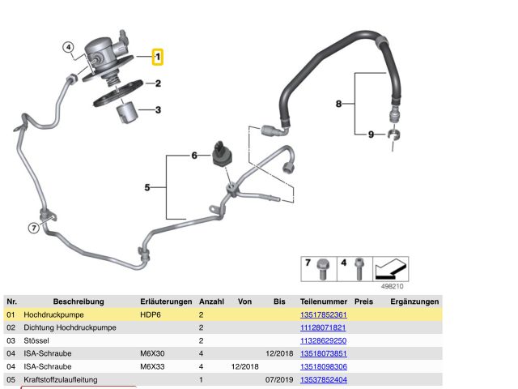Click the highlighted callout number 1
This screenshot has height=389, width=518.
pyautogui.click(x=159, y=57)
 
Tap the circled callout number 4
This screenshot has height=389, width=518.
pyautogui.click(x=69, y=47)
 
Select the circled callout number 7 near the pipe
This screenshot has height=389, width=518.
pyautogui.click(x=33, y=228)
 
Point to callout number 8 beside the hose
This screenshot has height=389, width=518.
pyautogui.click(x=340, y=103)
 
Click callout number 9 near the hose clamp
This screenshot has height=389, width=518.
pyautogui.click(x=372, y=134)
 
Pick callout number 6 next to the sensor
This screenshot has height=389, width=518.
pyautogui.click(x=194, y=155)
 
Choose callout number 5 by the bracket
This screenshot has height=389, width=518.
pyautogui.click(x=147, y=188)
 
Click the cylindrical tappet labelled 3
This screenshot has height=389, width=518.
pyautogui.click(x=128, y=113)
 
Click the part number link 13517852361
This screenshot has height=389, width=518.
pyautogui.click(x=323, y=314)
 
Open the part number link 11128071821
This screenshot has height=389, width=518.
pyautogui.click(x=323, y=327)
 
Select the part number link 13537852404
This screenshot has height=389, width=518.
pyautogui.click(x=323, y=379)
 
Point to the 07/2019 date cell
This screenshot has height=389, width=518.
pyautogui.click(x=279, y=379)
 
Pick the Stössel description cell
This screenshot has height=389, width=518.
pyautogui.click(x=36, y=340)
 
